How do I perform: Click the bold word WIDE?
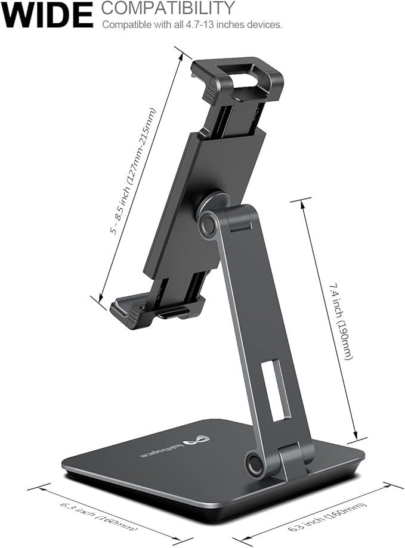pos(47,14)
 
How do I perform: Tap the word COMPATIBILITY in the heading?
pos(168,8)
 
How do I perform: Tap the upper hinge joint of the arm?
pos(209,224)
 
